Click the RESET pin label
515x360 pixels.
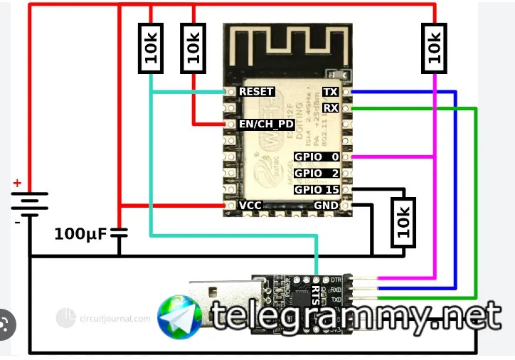click(256, 92)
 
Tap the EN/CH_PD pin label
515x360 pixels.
click(266, 124)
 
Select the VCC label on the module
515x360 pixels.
click(250, 205)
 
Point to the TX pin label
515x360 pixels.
click(330, 92)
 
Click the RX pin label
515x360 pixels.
click(330, 107)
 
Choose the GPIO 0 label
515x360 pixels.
click(317, 157)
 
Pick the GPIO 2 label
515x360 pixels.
click(317, 173)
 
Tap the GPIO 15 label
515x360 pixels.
click(317, 190)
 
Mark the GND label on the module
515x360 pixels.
click(326, 205)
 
